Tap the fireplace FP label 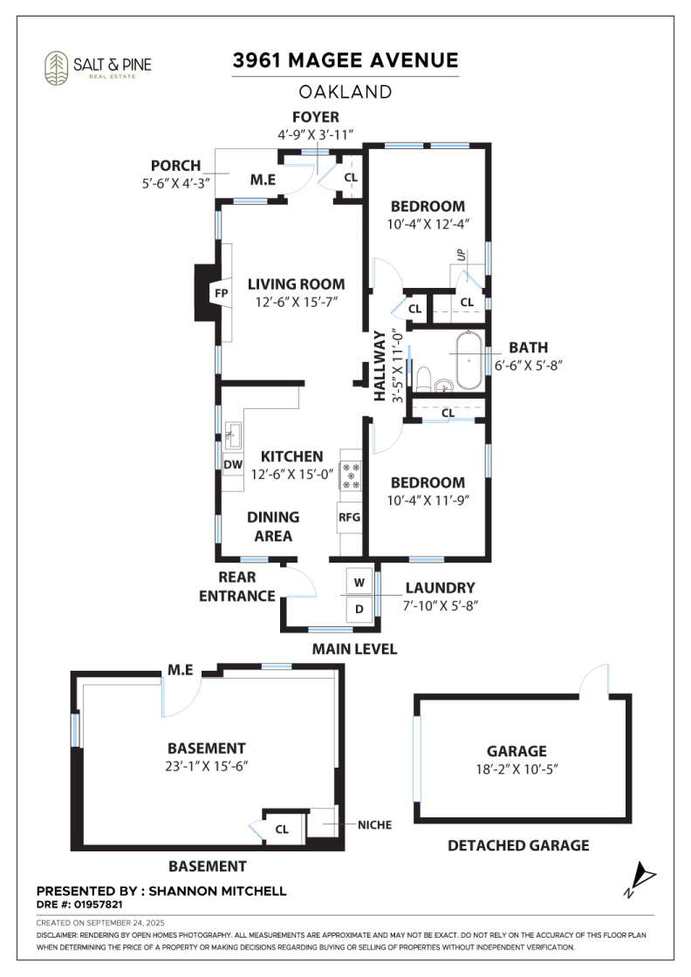[222, 293]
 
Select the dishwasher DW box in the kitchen [233, 464]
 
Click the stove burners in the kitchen [351, 475]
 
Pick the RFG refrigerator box [349, 517]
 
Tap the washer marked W [359, 582]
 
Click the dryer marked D [359, 609]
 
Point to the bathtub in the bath [469, 361]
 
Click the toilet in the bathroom [423, 378]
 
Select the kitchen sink [234, 435]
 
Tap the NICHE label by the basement [374, 824]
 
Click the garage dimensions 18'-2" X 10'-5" [517, 769]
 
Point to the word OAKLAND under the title [345, 92]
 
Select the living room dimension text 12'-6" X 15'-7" [296, 302]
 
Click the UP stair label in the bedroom [461, 255]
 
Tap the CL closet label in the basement [282, 830]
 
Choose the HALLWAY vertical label [380, 366]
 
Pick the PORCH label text [175, 166]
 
